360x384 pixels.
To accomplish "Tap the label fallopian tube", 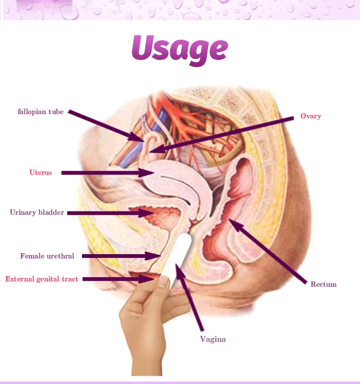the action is [x=41, y=112].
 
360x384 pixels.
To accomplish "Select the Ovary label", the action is [x=311, y=116].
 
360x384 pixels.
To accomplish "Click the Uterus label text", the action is [x=40, y=173].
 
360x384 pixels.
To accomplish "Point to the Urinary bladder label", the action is [x=37, y=212].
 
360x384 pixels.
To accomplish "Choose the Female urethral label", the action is [x=47, y=256].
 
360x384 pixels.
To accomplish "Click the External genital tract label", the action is [x=42, y=279].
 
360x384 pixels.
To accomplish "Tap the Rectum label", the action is [x=324, y=284].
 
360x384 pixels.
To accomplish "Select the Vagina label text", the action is [x=213, y=339].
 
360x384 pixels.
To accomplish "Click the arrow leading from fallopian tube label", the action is [x=106, y=126].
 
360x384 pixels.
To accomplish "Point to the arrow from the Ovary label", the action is [x=221, y=135].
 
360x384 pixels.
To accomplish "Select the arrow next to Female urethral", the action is [x=120, y=256].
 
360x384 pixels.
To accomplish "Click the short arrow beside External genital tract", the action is [x=115, y=279].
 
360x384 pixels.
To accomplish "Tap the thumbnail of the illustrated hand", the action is [x=164, y=281].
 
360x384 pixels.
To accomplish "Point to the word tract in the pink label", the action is [x=69, y=279].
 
